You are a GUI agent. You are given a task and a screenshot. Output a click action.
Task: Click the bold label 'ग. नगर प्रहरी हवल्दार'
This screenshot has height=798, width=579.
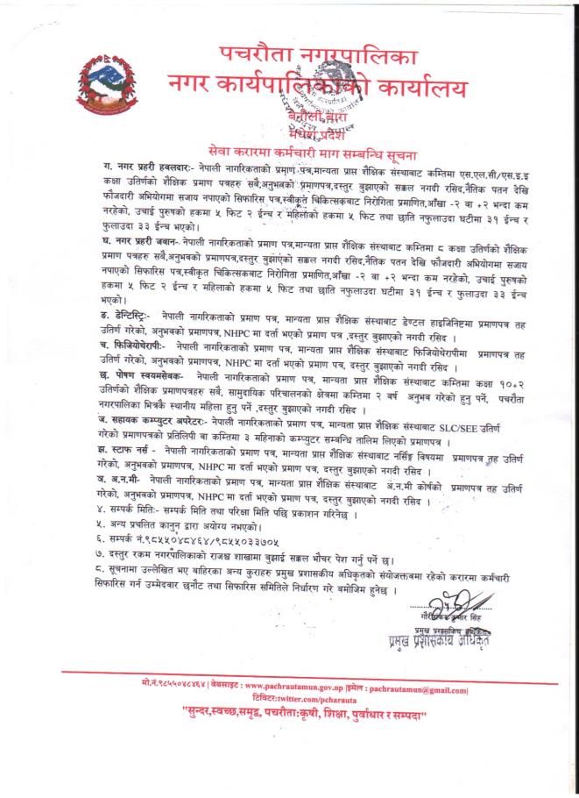(130, 165)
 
